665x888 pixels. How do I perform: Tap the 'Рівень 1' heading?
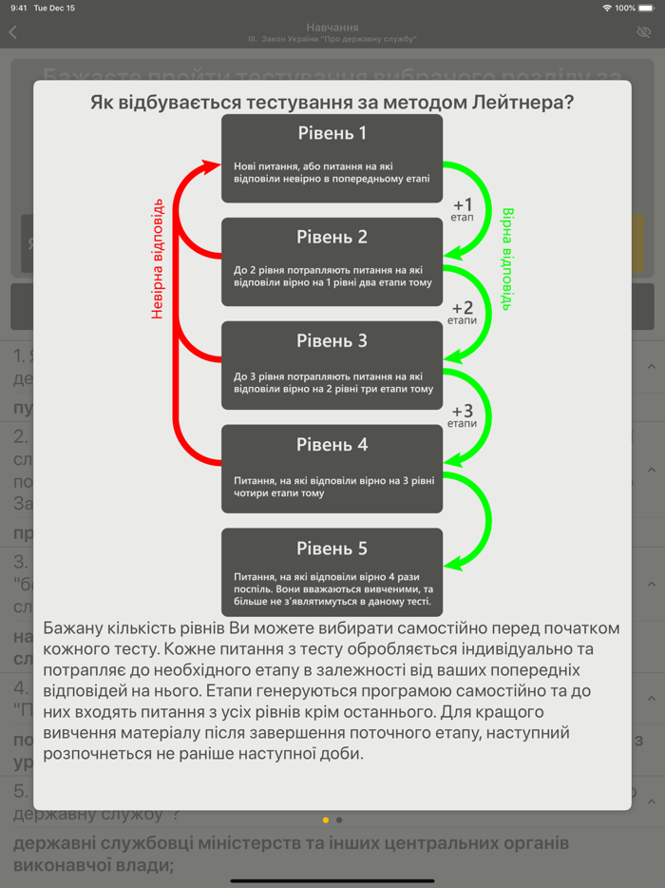[x=332, y=133]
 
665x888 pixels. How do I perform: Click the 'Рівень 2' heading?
[x=332, y=237]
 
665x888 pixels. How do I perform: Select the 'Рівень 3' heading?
[x=332, y=340]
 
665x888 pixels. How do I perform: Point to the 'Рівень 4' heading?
[x=332, y=444]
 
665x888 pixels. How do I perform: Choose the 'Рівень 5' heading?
[x=332, y=549]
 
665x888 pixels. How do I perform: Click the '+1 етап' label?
[x=463, y=209]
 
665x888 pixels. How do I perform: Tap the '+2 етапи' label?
[x=463, y=313]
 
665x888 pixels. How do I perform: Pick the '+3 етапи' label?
[x=463, y=415]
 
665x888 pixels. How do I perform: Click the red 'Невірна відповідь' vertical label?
[x=158, y=259]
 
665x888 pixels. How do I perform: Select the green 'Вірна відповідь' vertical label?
[x=507, y=259]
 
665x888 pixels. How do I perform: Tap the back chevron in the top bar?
[x=13, y=32]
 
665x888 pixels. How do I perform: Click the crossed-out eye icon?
[x=644, y=32]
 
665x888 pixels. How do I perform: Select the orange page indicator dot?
[x=326, y=820]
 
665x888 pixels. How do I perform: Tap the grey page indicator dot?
[x=339, y=820]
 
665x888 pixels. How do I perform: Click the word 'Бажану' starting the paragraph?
[x=75, y=628]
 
